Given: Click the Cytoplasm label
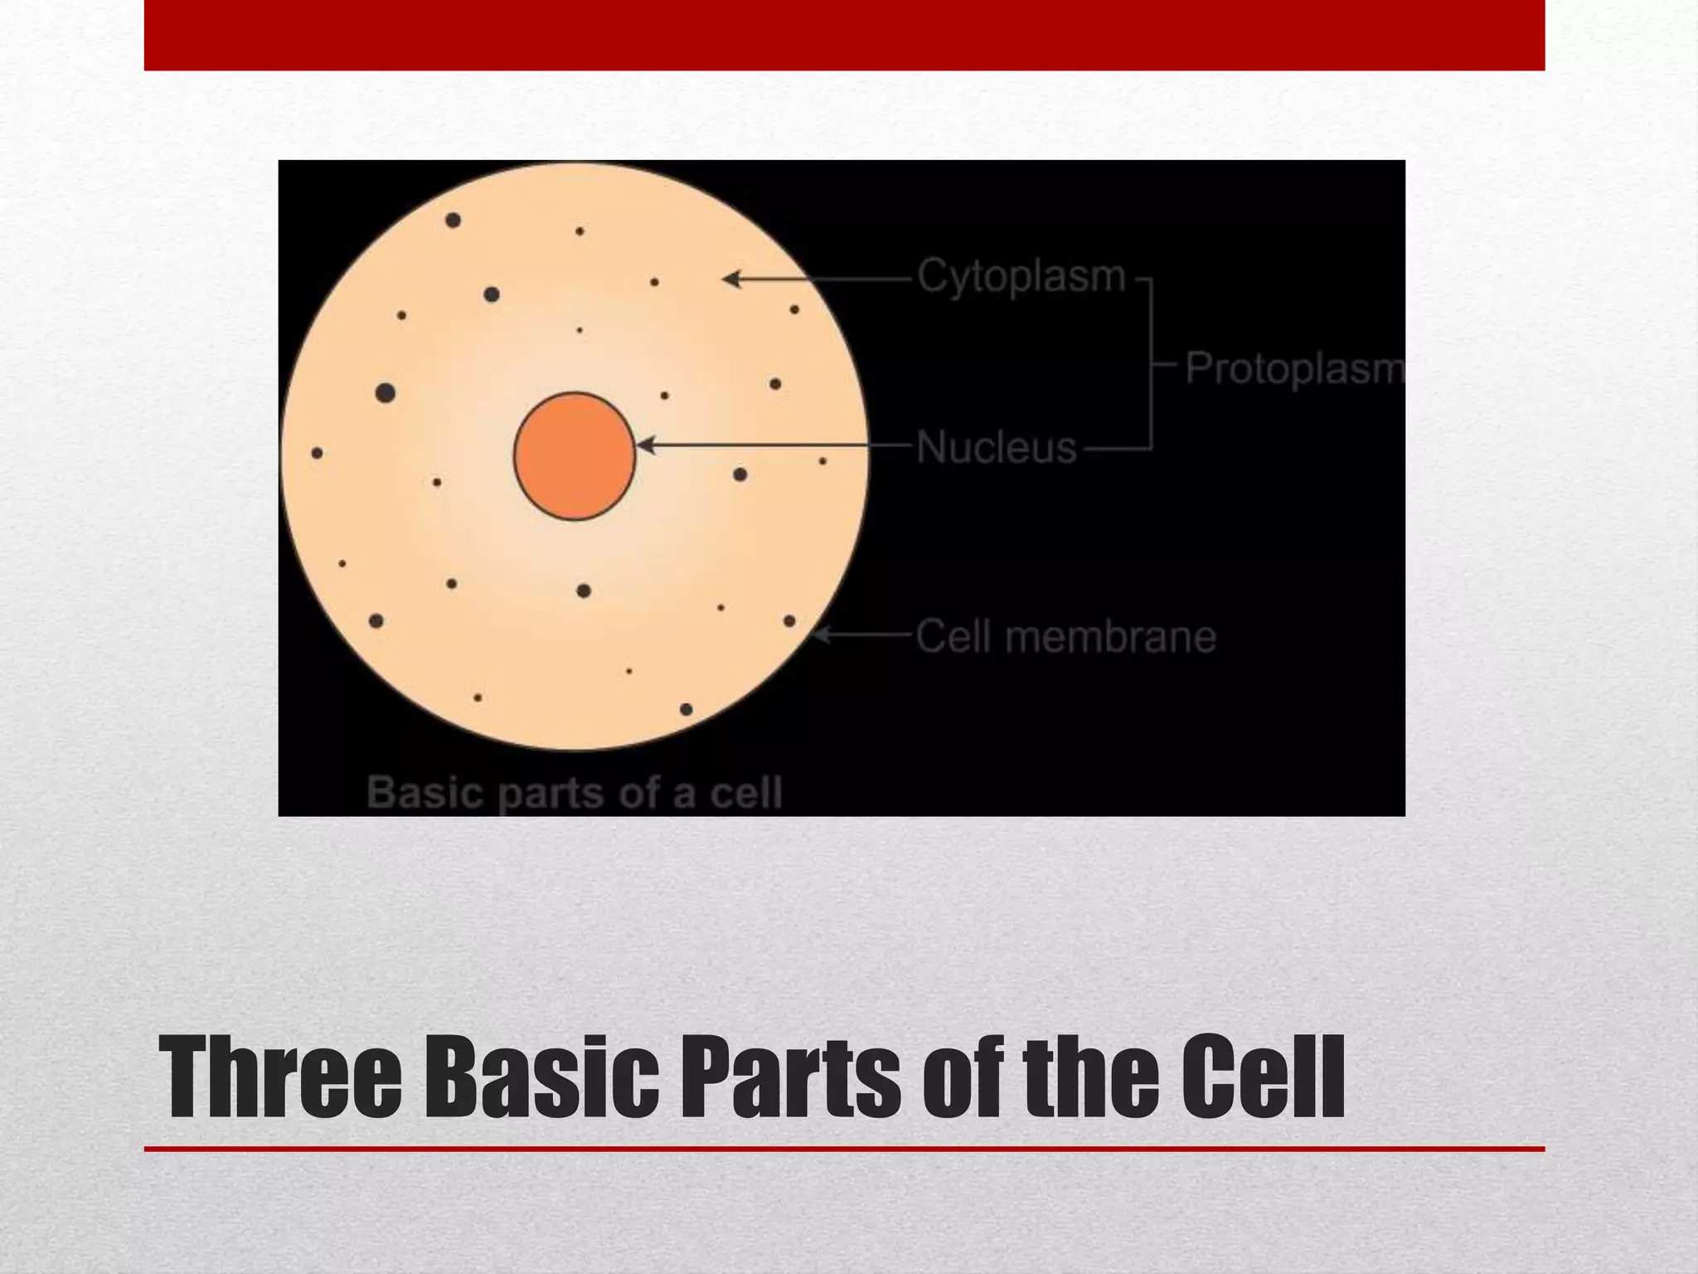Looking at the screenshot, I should pyautogui.click(x=1021, y=275).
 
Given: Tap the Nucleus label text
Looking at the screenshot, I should pyautogui.click(x=996, y=448).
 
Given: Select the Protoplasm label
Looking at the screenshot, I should pyautogui.click(x=1293, y=367).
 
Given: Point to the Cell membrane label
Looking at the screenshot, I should pyautogui.click(x=1065, y=637).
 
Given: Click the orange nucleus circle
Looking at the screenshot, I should pyautogui.click(x=575, y=456).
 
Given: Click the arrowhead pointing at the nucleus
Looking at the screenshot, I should pyautogui.click(x=646, y=445).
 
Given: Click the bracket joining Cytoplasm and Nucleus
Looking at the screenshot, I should pyautogui.click(x=1151, y=363).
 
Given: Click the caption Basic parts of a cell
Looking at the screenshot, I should pyautogui.click(x=574, y=792).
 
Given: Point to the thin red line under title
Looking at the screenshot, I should pyautogui.click(x=844, y=1149).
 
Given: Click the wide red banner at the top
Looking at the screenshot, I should pyautogui.click(x=844, y=35).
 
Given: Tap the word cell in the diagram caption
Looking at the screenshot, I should pyautogui.click(x=745, y=792).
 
